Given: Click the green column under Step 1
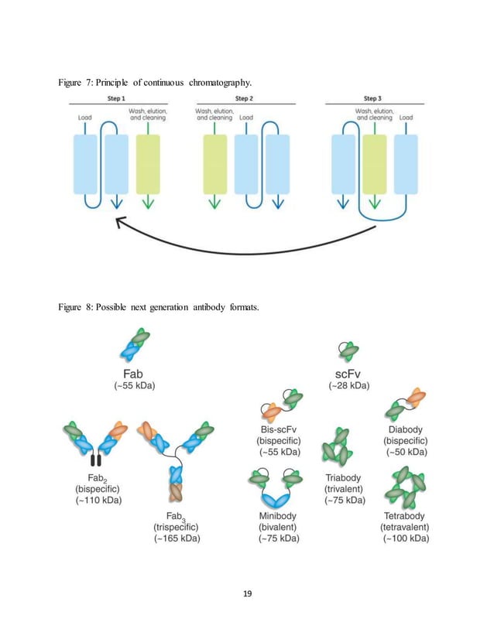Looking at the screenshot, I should point(148,164).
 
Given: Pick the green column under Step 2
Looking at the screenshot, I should point(214,164).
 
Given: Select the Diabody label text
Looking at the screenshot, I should point(405,429).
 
